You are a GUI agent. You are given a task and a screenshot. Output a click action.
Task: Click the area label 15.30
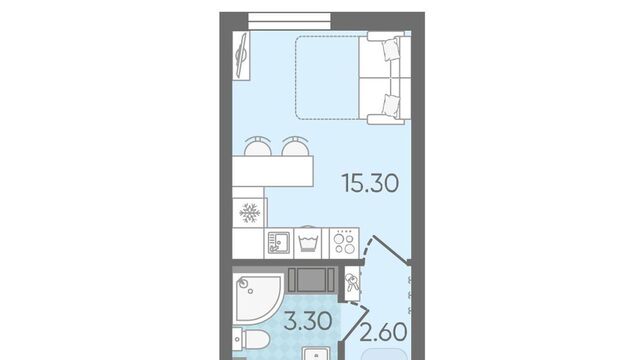coord(370,183)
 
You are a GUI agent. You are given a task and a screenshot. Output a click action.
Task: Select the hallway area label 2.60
coord(384,331)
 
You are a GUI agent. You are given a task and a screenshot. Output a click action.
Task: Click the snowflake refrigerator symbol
coord(249,213)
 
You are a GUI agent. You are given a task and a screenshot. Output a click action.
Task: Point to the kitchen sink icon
coord(279,243)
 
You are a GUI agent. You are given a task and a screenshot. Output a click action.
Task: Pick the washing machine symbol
coord(308,243)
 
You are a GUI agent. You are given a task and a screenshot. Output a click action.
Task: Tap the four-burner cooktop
coord(344,243)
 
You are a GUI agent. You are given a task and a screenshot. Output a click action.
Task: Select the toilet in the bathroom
coord(251,340)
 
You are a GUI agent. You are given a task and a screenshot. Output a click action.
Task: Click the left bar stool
coord(258,146)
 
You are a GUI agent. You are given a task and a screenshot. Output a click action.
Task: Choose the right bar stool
coord(295,146)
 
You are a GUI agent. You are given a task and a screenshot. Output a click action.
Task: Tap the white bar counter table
coord(273,171)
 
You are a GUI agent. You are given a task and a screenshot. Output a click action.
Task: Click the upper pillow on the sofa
coord(391,50)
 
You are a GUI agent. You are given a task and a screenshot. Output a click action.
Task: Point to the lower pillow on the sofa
coord(391,105)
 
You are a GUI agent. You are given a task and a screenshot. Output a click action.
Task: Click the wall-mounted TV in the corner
coord(241,56)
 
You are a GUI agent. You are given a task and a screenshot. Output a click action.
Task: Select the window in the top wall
coord(289,21)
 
